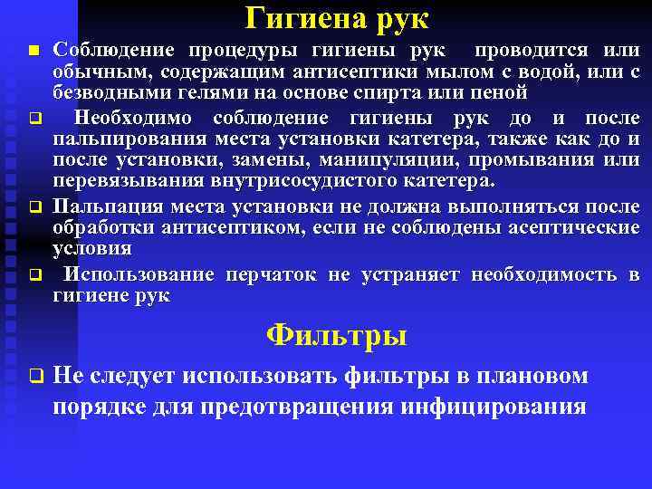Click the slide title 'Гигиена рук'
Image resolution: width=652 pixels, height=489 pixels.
(337, 18)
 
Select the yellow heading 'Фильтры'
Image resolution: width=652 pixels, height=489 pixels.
(337, 336)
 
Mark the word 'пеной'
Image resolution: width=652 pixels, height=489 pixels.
(503, 92)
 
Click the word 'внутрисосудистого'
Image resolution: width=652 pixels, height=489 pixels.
(318, 180)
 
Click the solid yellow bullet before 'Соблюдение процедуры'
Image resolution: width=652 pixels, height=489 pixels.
(34, 51)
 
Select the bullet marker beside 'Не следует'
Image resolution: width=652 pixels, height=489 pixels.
(34, 376)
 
